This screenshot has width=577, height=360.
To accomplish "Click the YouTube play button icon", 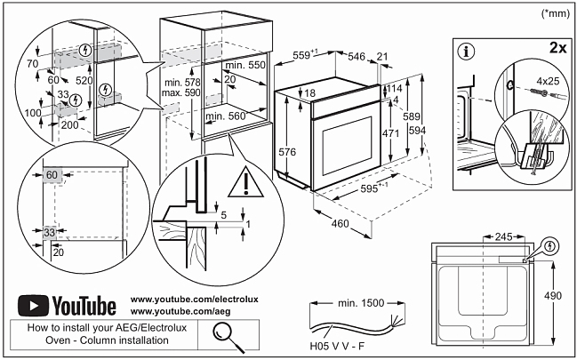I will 34,307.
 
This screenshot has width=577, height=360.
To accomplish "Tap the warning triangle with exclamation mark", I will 240,184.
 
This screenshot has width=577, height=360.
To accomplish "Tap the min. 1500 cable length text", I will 361,303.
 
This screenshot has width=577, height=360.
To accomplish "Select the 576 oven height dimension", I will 286,152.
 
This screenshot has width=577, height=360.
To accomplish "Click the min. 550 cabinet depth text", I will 245,67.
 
